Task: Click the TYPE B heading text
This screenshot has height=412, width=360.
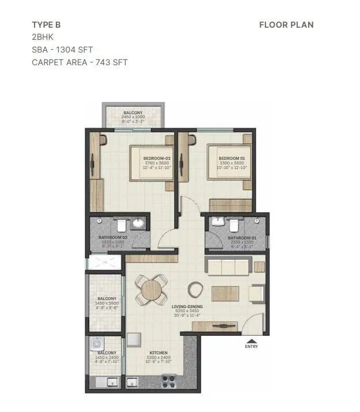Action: [x=47, y=25]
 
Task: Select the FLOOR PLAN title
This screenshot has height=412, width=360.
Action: [x=286, y=25]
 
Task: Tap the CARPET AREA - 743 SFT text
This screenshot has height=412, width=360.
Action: [x=80, y=62]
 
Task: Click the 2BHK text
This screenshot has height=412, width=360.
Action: [x=42, y=37]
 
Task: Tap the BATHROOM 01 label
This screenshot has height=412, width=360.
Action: [x=241, y=237]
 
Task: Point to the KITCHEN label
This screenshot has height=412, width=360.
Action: [x=158, y=353]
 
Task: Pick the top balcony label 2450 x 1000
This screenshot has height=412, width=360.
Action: [x=133, y=115]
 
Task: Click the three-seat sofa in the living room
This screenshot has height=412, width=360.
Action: [x=228, y=267]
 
